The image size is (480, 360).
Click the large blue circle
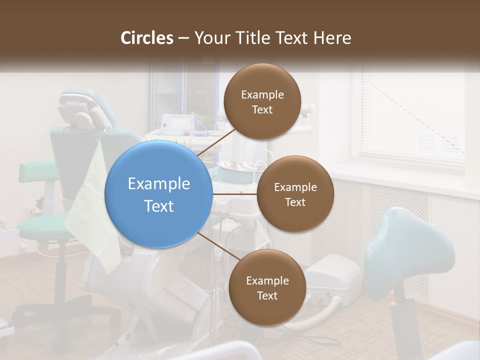[x=158, y=194]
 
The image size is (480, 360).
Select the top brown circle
[x=262, y=101]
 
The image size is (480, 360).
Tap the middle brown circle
[x=295, y=194]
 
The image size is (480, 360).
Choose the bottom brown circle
[x=267, y=287]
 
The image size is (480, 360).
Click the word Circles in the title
[x=146, y=38]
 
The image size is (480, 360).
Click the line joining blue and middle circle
[x=234, y=194]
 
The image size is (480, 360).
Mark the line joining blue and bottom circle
[x=218, y=246]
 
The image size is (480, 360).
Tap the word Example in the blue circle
[x=158, y=183]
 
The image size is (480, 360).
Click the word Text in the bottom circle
[x=267, y=295]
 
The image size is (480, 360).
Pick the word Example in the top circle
[x=262, y=94]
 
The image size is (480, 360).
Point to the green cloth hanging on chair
[x=95, y=210]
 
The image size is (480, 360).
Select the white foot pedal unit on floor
[x=332, y=277]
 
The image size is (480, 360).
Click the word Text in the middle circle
[x=295, y=202]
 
